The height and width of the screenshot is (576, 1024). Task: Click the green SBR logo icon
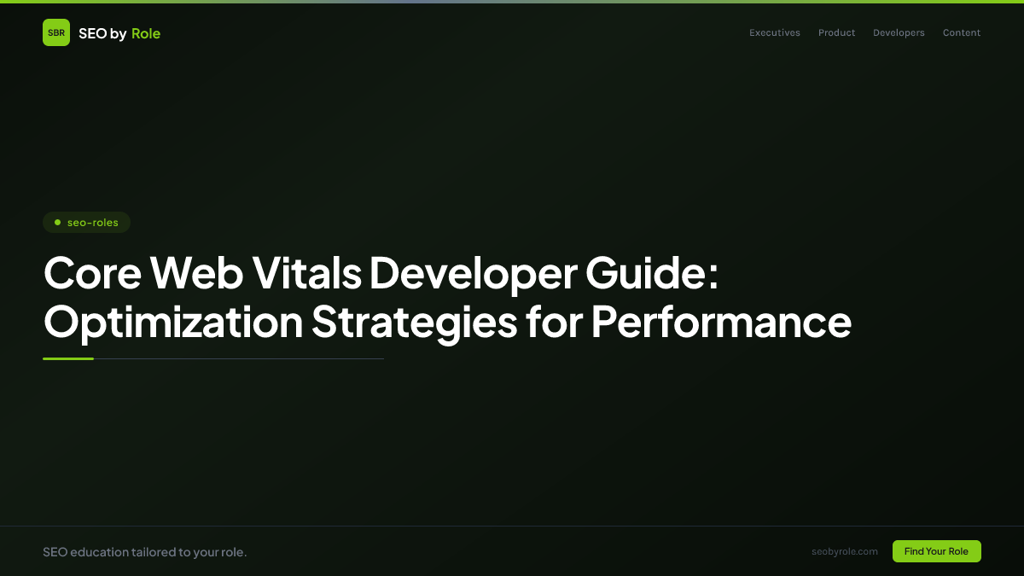click(56, 32)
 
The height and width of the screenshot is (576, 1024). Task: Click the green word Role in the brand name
click(146, 33)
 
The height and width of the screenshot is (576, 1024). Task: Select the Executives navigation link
click(775, 33)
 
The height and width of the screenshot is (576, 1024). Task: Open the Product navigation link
click(836, 33)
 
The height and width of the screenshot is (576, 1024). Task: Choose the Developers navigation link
click(899, 33)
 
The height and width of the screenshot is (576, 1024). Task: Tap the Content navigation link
click(962, 33)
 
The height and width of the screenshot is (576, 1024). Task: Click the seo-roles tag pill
click(86, 223)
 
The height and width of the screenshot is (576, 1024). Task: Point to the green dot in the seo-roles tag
click(57, 223)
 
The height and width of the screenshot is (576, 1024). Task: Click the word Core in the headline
click(91, 273)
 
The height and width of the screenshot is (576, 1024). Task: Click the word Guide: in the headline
click(652, 273)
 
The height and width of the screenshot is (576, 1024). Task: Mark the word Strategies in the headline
click(414, 323)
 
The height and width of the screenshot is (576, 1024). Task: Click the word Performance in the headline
click(721, 321)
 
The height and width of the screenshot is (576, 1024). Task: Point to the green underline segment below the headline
click(68, 359)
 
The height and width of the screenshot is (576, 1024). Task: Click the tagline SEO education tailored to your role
click(144, 552)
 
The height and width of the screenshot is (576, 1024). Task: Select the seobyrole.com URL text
click(844, 551)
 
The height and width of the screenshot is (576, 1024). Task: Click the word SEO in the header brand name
click(92, 33)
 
